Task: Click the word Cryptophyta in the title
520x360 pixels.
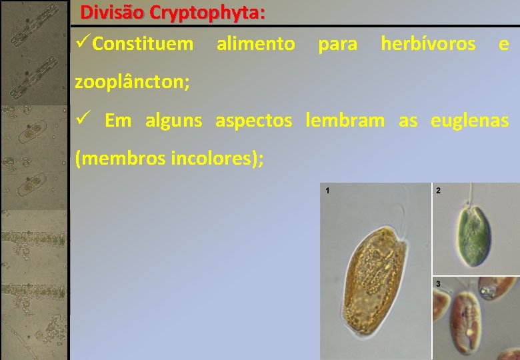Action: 207,13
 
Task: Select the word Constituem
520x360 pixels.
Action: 143,45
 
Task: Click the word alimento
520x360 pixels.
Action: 255,45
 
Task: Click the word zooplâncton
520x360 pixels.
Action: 132,83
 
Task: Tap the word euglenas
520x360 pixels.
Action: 469,121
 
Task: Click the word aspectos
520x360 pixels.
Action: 253,121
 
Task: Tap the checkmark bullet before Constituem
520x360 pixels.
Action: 83,44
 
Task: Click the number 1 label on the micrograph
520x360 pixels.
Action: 327,191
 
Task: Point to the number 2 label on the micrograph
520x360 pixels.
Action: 438,191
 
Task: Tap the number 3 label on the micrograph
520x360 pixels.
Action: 438,284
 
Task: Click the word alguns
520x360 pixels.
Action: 173,121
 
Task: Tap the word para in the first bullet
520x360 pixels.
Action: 337,45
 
